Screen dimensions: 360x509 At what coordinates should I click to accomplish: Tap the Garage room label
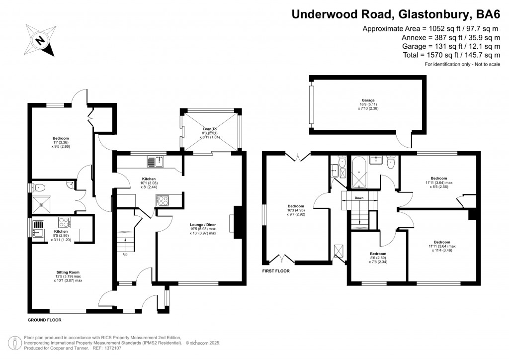368,100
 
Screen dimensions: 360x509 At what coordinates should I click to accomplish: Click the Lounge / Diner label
203,225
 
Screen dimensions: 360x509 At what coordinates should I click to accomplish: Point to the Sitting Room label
68,272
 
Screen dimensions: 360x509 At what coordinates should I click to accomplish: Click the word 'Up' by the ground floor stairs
125,255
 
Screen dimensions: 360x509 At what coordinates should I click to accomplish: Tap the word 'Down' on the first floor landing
359,198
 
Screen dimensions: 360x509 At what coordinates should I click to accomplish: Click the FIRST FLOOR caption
276,271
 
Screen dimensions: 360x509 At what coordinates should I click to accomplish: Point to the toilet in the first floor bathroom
391,162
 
